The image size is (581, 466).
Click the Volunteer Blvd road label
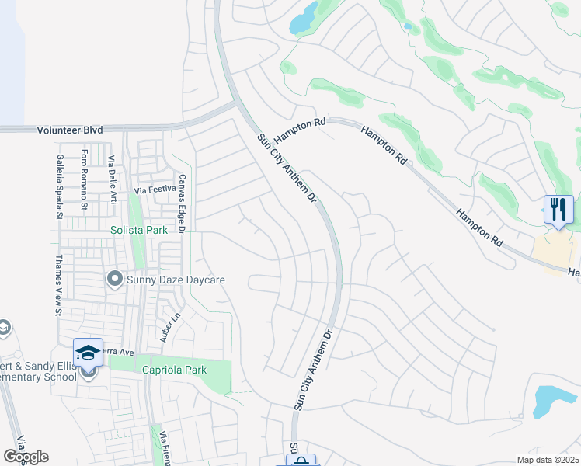click(x=71, y=131)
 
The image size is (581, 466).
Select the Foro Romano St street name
click(x=85, y=179)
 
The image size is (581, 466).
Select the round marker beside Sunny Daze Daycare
click(x=115, y=277)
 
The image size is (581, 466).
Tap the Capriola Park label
click(x=174, y=370)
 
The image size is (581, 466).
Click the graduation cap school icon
click(x=88, y=353)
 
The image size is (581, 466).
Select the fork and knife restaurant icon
click(x=558, y=209)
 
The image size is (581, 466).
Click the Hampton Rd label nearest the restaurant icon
click(x=475, y=228)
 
